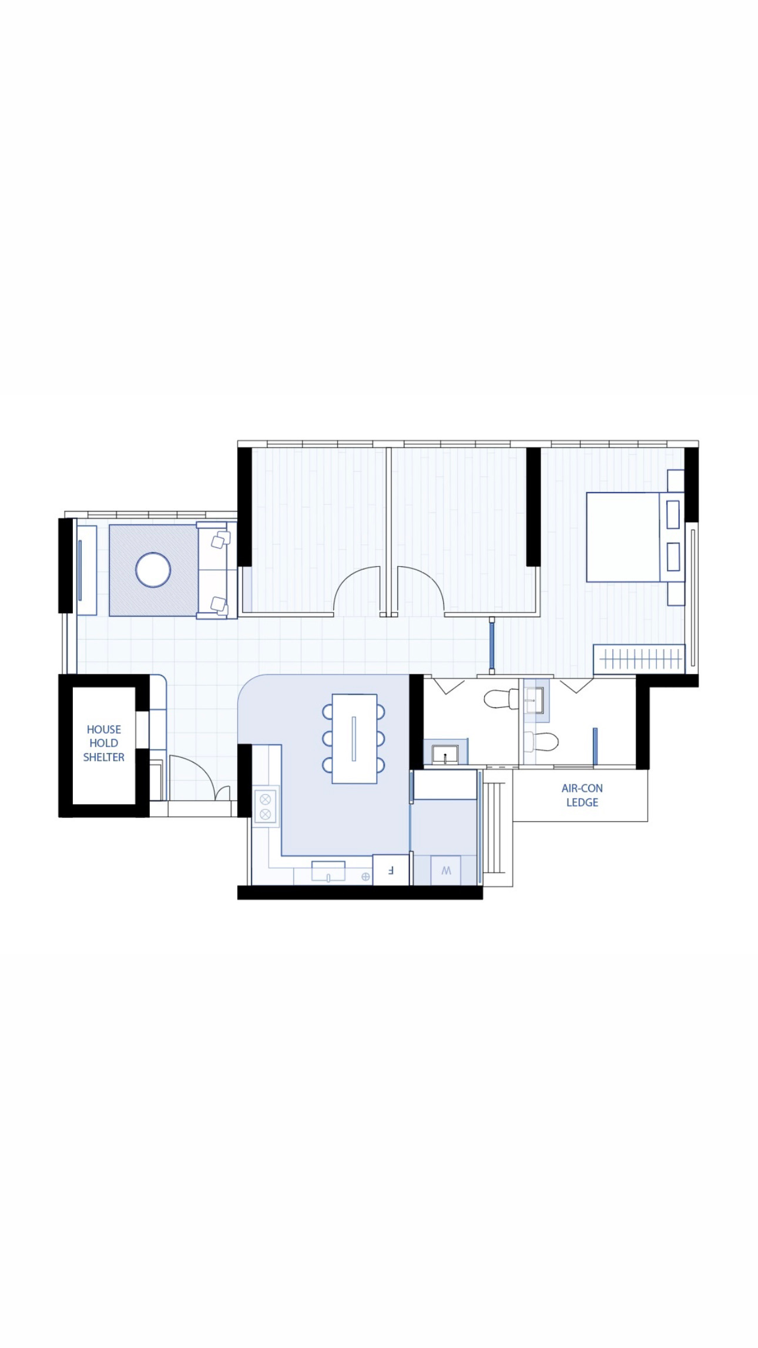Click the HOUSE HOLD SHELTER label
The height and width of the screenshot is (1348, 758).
tap(103, 743)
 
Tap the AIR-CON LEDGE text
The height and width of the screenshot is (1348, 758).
tap(582, 795)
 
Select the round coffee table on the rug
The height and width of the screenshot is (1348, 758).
tap(153, 570)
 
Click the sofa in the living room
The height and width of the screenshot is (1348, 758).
tap(212, 570)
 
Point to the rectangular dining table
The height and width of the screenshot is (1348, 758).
tap(354, 738)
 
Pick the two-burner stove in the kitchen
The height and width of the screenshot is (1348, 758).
tap(265, 807)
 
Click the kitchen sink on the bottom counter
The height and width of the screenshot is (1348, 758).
tap(328, 871)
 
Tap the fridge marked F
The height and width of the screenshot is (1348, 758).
tap(390, 869)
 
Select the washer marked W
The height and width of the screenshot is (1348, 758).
tap(446, 870)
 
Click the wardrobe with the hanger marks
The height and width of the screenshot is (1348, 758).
tap(639, 658)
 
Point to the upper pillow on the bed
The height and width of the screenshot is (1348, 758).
tap(673, 514)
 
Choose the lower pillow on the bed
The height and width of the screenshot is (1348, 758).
tap(673, 556)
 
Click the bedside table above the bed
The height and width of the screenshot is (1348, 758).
tap(676, 480)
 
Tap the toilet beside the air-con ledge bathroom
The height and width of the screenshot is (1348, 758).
tap(541, 741)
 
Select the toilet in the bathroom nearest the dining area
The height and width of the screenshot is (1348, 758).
tap(501, 698)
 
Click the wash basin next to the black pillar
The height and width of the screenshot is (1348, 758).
tap(445, 753)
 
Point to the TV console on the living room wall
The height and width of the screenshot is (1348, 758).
tap(86, 570)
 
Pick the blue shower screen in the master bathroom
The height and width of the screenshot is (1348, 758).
tap(595, 747)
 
